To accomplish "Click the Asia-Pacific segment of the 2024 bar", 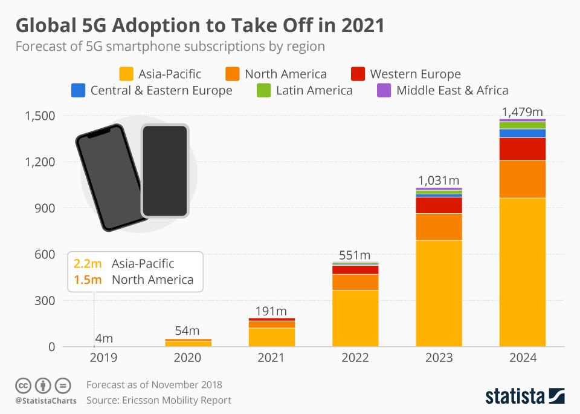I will click(523, 272).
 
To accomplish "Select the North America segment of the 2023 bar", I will click(439, 227).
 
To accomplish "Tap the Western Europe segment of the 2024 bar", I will click(523, 149).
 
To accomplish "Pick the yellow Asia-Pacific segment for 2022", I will click(355, 318).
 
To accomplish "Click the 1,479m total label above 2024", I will click(523, 112).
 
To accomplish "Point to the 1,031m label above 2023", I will click(439, 180).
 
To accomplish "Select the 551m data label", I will click(355, 255).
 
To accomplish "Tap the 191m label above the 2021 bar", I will click(271, 311).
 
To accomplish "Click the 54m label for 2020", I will click(187, 330).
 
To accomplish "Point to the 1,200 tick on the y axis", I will click(40, 162).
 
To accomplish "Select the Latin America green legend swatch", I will click(263, 91).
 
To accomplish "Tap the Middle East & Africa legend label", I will click(452, 91).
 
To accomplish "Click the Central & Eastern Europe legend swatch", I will click(78, 91).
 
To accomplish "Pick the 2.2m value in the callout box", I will click(88, 264).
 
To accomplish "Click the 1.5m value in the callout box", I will click(88, 280).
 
